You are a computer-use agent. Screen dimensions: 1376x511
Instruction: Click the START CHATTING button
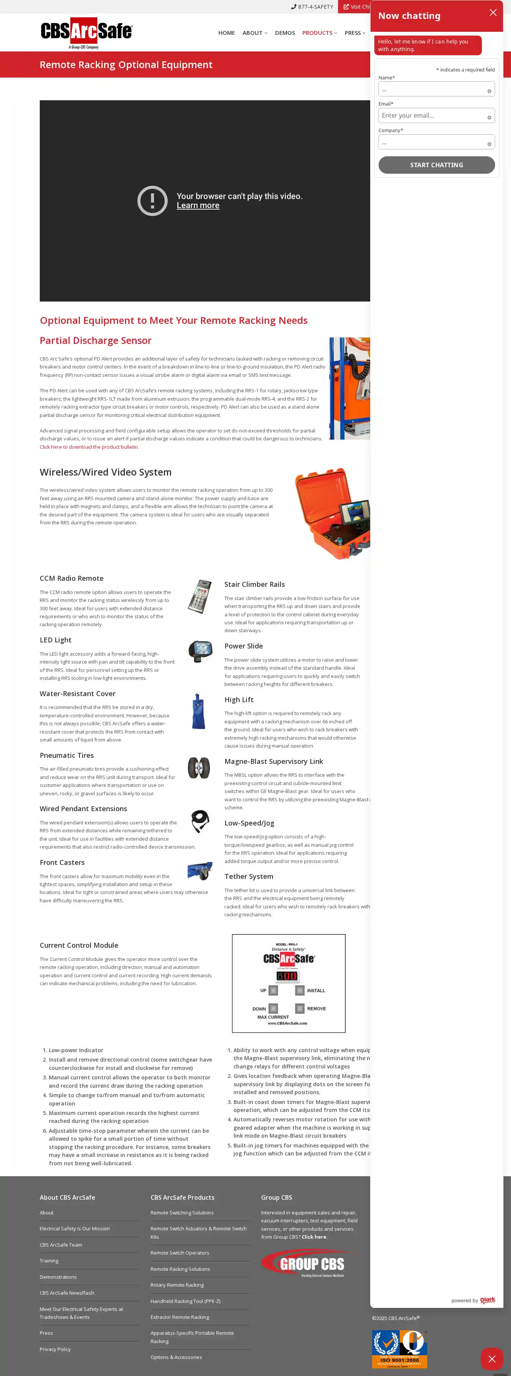436,165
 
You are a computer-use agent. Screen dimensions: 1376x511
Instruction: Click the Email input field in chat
433,115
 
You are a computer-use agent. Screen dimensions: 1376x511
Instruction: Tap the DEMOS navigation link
284,33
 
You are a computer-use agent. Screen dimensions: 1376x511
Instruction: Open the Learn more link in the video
198,206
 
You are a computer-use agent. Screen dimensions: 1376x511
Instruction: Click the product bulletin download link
89,447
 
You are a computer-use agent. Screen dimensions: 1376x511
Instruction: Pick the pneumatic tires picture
199,768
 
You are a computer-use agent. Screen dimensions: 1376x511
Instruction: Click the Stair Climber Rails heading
254,585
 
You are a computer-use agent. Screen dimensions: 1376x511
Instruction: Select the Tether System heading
249,877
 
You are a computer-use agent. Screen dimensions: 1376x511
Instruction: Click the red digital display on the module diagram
287,976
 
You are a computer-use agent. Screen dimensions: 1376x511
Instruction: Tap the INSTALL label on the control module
316,990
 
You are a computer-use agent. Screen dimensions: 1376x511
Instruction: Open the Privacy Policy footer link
55,1349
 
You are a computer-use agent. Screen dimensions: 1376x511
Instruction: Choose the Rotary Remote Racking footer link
177,1285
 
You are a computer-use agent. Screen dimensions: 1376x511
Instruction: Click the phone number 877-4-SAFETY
312,7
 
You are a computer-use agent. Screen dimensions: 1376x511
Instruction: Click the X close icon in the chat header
493,13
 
